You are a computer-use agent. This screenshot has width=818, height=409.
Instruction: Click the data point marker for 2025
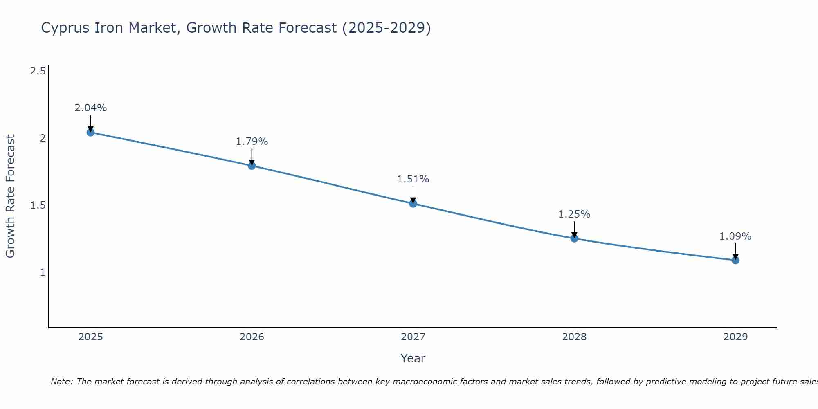(90, 133)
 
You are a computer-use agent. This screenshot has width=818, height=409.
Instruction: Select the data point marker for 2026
(252, 166)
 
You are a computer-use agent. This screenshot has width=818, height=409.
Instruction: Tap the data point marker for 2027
(413, 203)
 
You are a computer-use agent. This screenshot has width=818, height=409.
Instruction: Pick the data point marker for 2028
(574, 238)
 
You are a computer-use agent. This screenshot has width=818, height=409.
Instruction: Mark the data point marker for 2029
(735, 260)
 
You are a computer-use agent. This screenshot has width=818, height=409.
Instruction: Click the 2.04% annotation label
(90, 108)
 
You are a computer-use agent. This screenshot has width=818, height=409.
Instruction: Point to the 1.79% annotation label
(252, 142)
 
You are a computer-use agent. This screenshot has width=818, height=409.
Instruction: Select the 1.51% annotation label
(413, 179)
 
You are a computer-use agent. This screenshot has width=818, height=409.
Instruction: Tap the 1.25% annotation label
(574, 214)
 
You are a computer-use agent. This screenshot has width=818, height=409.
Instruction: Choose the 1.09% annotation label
(735, 236)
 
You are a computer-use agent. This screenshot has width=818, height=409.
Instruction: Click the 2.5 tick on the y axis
(38, 71)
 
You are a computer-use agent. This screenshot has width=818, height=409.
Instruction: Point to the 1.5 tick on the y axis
(38, 205)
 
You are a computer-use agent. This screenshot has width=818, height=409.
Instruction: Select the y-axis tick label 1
(43, 272)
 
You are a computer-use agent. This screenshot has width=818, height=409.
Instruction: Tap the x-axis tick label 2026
(252, 337)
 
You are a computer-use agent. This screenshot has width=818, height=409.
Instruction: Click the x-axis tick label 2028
(574, 337)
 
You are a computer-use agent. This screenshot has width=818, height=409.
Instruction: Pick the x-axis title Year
(413, 358)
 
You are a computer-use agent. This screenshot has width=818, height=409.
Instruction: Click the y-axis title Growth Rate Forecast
(10, 196)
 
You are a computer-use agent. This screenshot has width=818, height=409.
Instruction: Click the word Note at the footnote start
(61, 382)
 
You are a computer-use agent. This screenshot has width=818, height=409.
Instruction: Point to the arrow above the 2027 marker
(413, 194)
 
